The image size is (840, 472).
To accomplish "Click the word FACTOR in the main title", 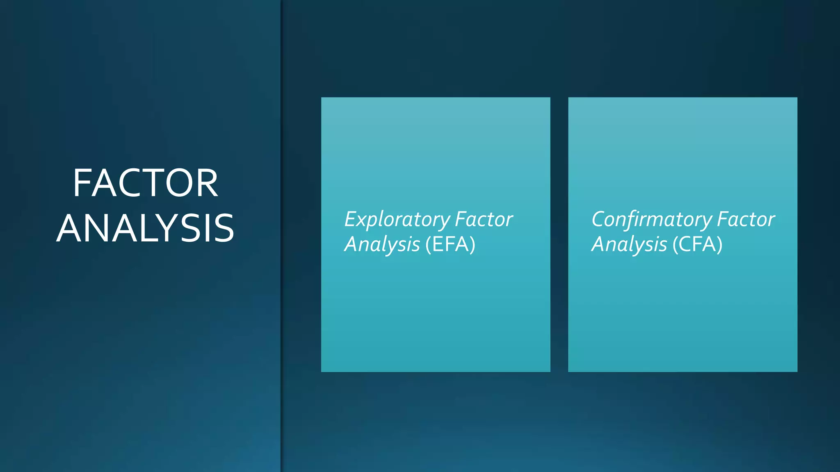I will [x=145, y=183].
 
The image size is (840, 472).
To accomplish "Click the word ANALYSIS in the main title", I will [x=145, y=228].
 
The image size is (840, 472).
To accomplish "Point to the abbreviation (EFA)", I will [x=450, y=245].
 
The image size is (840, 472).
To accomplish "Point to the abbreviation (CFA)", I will [x=697, y=245].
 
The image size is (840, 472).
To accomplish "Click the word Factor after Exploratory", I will [x=484, y=219].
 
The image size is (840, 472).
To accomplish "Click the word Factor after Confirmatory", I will [x=746, y=219].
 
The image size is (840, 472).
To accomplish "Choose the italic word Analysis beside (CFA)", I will [x=629, y=245].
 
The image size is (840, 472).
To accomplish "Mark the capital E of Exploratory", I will [x=350, y=219].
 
